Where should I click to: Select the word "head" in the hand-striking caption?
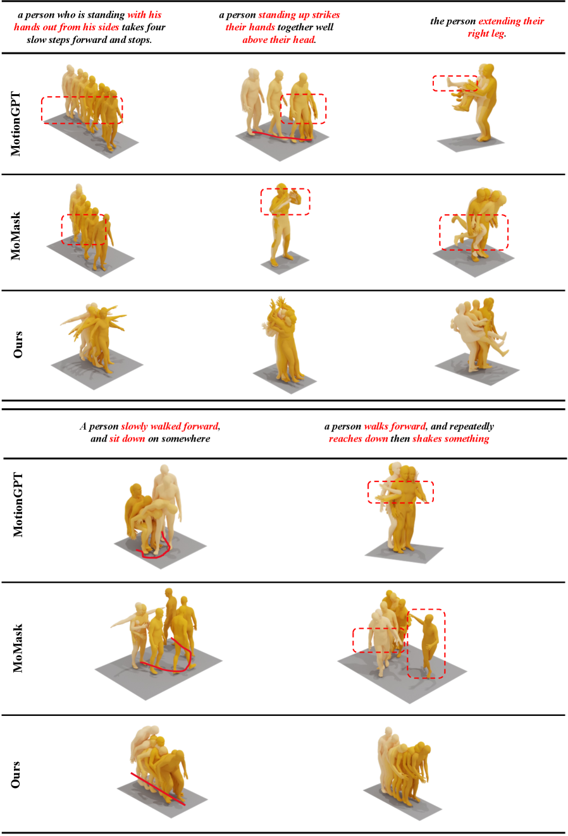tap(304, 40)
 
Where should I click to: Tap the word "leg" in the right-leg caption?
tap(497, 34)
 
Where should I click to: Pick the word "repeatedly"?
tap(472, 427)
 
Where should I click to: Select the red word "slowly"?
tap(133, 427)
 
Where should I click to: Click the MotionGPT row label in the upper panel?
tap(15, 123)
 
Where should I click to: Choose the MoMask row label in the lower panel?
tap(17, 648)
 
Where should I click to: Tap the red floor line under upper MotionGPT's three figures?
tap(282, 136)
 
